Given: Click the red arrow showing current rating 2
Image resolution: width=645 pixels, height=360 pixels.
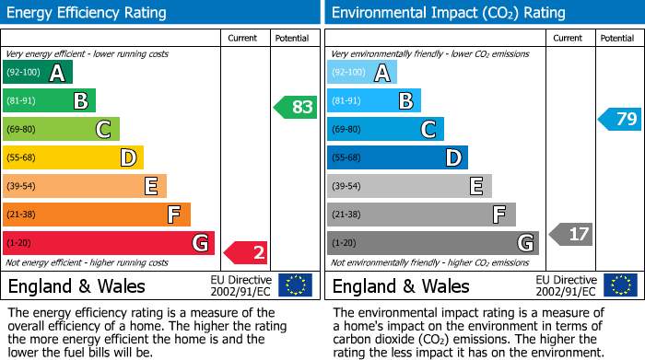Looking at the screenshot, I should pyautogui.click(x=246, y=252).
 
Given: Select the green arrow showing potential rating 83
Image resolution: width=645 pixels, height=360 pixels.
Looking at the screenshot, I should pyautogui.click(x=295, y=107).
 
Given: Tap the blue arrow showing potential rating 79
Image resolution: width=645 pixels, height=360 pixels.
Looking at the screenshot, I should pyautogui.click(x=620, y=119).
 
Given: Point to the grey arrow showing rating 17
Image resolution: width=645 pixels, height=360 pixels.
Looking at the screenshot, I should pyautogui.click(x=570, y=234).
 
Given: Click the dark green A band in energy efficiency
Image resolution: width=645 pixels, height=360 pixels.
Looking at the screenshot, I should pyautogui.click(x=38, y=73).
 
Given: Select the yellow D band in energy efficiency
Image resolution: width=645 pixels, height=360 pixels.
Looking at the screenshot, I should pyautogui.click(x=73, y=158).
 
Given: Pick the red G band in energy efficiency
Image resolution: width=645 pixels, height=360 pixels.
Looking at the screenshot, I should pyautogui.click(x=109, y=244).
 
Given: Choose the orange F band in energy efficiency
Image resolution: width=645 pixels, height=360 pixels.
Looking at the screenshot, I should pyautogui.click(x=97, y=215).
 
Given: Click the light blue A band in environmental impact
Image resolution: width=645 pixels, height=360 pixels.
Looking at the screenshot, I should pyautogui.click(x=362, y=73).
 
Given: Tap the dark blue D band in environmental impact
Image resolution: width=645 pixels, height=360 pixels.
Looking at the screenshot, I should pyautogui.click(x=397, y=158).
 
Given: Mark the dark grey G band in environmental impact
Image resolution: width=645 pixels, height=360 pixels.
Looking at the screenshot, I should pyautogui.click(x=433, y=244).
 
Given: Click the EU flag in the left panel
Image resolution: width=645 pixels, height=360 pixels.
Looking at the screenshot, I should pyautogui.click(x=295, y=285).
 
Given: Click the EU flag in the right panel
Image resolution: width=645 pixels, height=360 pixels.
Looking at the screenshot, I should pyautogui.click(x=621, y=285).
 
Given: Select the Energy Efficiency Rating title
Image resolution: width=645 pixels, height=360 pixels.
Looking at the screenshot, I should pyautogui.click(x=88, y=13).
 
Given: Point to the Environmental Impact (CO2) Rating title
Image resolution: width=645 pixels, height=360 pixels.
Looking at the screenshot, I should pyautogui.click(x=448, y=13).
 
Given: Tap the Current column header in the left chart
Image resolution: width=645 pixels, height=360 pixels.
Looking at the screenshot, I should pyautogui.click(x=242, y=38).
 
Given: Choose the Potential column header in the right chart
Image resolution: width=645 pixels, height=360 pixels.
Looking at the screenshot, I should pyautogui.click(x=616, y=38).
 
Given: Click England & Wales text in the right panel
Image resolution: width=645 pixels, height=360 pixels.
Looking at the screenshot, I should pyautogui.click(x=401, y=286).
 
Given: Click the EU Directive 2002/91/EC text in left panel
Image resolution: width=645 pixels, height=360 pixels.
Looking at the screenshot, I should pyautogui.click(x=240, y=285).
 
